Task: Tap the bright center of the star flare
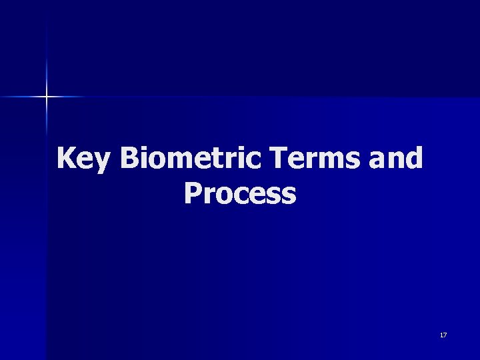47,97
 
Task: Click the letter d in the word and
414,159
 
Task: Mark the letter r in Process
207,196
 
